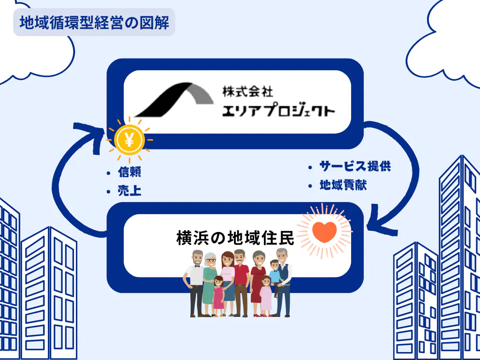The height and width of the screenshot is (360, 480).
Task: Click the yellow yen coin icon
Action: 129,140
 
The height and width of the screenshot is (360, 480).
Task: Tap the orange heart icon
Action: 324,232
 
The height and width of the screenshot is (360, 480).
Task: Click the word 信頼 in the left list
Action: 129,172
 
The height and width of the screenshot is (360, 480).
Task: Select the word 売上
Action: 129,191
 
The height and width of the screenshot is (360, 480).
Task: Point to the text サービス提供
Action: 355,166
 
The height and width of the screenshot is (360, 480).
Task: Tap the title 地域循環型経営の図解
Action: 94,22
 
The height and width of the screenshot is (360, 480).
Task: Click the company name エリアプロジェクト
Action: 278,111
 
